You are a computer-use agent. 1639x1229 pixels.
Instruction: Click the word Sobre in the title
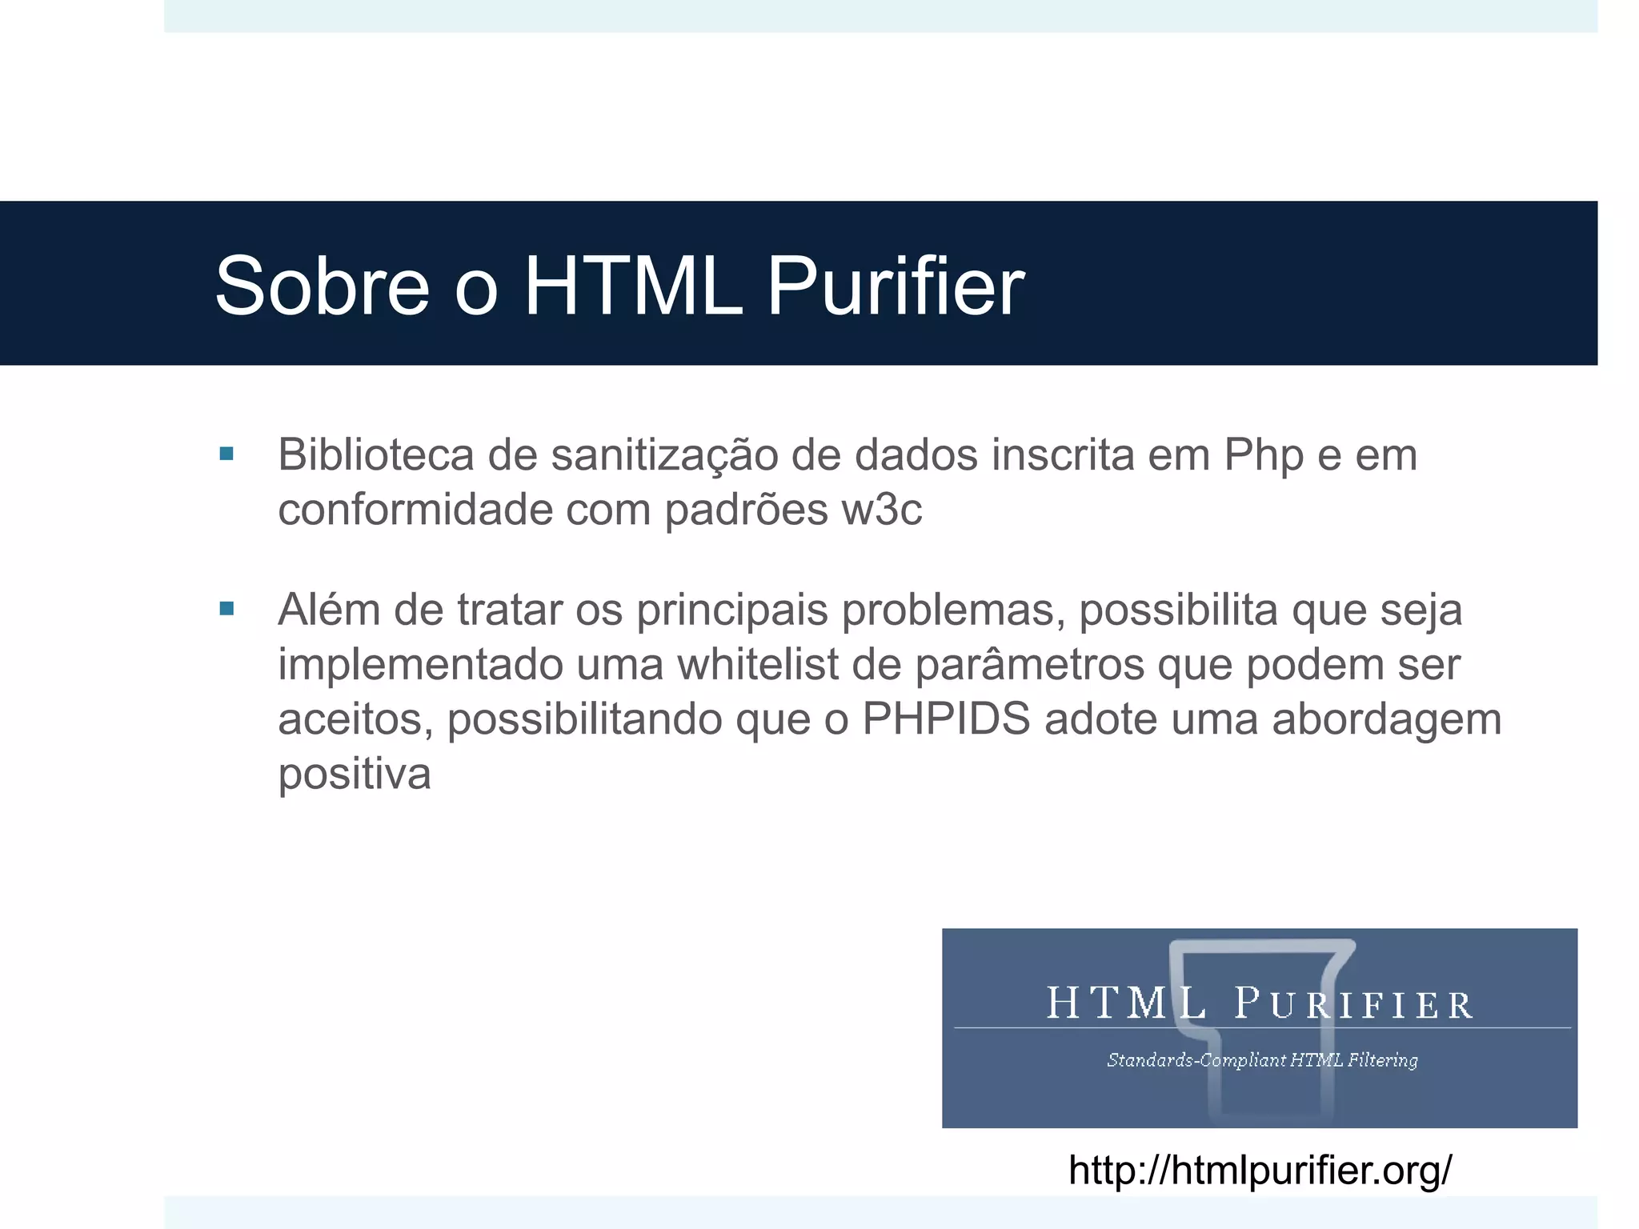[323, 286]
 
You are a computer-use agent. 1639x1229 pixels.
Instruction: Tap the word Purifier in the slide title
[896, 286]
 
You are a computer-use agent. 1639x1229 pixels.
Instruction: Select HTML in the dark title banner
[633, 286]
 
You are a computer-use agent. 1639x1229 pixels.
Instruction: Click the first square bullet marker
[226, 454]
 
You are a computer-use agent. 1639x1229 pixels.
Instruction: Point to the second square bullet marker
[226, 610]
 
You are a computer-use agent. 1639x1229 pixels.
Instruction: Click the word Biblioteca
[376, 454]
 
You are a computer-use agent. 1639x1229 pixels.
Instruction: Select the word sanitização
[664, 456]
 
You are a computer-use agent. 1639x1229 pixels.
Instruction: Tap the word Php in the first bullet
[1264, 456]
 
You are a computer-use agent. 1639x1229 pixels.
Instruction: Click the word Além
[329, 610]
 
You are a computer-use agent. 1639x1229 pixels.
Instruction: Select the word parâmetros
[1029, 664]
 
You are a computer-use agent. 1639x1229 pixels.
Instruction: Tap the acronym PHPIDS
[946, 719]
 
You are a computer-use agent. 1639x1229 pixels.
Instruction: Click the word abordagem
[1386, 720]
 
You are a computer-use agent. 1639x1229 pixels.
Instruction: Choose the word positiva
[354, 775]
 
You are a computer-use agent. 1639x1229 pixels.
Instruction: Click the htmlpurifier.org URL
[1260, 1170]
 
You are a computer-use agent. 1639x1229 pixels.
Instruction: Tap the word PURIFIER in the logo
[1352, 1005]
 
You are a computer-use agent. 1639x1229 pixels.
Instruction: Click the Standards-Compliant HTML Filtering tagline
[1262, 1060]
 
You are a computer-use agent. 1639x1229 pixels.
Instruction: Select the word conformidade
[415, 510]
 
